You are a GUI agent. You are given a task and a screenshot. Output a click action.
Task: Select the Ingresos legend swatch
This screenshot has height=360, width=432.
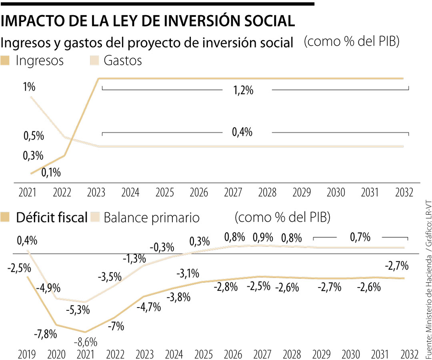[6, 60]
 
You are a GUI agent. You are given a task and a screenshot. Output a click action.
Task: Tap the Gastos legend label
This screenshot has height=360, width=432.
[122, 60]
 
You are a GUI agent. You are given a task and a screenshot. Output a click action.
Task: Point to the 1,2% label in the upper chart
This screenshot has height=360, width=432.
[244, 90]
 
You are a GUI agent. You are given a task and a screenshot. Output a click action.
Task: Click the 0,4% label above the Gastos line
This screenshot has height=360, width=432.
[242, 132]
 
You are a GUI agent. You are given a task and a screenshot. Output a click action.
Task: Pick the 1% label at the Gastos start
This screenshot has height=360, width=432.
[29, 87]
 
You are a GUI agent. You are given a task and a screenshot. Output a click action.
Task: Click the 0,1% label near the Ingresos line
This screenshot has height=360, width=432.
[51, 172]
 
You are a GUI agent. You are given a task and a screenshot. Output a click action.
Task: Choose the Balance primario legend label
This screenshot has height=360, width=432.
[151, 218]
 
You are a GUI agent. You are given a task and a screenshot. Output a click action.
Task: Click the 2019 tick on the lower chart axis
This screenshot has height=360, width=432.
[27, 354]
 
